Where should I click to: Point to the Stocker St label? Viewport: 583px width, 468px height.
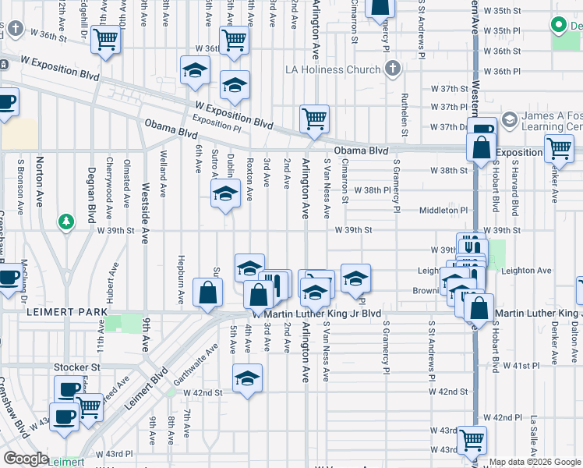coord(78,366)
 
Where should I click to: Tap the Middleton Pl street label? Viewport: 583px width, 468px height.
coord(443,210)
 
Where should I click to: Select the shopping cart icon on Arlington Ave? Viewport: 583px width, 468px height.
coord(314,119)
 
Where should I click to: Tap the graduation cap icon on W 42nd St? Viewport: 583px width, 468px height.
coord(248,378)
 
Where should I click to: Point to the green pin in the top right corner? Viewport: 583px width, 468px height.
coord(558,26)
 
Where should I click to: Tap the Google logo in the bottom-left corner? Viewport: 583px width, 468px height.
coord(25,459)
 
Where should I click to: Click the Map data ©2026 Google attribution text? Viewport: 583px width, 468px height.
coord(535,462)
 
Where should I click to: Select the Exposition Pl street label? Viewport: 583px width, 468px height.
coord(211,121)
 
